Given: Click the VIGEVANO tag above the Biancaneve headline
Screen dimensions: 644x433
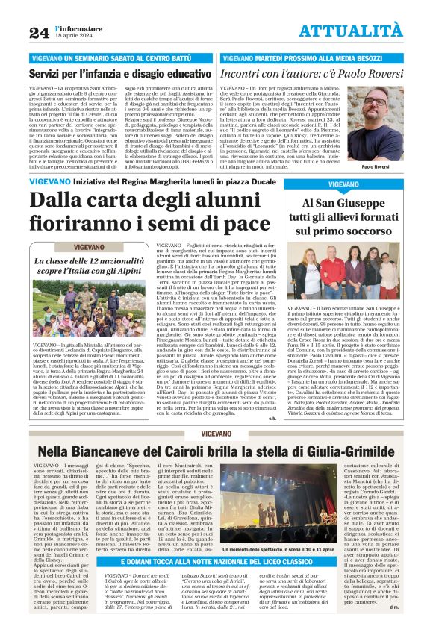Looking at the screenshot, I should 216,434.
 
